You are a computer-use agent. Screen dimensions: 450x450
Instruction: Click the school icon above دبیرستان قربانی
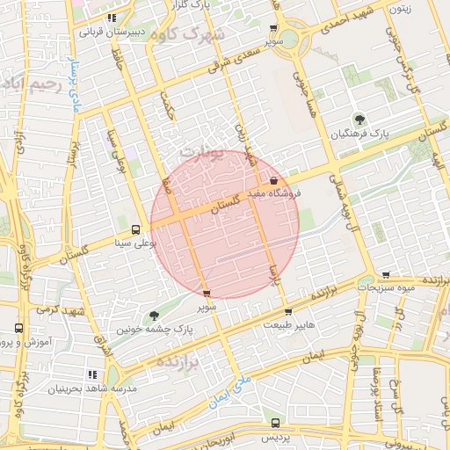(111, 18)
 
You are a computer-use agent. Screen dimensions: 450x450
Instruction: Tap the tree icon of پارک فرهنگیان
(359, 119)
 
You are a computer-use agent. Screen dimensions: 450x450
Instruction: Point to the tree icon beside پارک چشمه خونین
(155, 316)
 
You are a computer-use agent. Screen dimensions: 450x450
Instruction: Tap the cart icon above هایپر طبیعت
(287, 312)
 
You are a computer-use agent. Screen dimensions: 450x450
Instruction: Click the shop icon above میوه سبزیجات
(385, 276)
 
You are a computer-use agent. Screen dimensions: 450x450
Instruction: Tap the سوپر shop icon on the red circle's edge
(207, 294)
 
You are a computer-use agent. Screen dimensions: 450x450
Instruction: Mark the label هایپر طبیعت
(288, 325)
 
